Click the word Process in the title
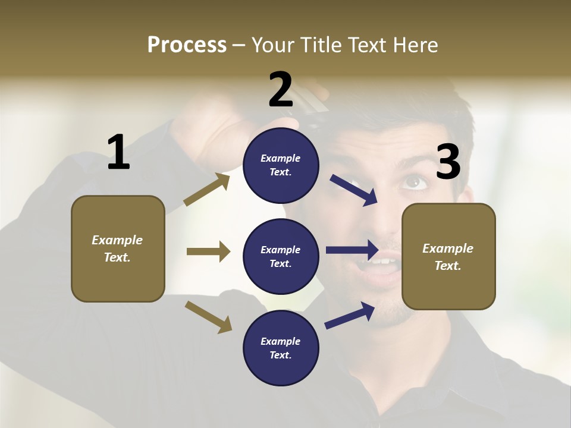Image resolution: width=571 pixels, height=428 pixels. click(187, 45)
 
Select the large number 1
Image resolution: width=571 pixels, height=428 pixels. click(118, 153)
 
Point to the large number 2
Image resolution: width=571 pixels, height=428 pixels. click(281, 90)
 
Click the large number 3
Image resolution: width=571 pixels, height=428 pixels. click(448, 162)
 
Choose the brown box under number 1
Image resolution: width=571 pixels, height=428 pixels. click(118, 248)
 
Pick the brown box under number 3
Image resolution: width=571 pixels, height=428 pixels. click(448, 256)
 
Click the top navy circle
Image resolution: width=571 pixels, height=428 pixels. click(281, 165)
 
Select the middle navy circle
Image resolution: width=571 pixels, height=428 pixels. click(281, 256)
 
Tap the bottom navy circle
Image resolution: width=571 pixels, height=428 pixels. click(281, 348)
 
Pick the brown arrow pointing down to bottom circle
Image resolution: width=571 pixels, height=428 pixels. click(208, 316)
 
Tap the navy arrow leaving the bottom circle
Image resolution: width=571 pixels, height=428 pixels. click(350, 315)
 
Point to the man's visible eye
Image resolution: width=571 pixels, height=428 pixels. click(414, 182)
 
